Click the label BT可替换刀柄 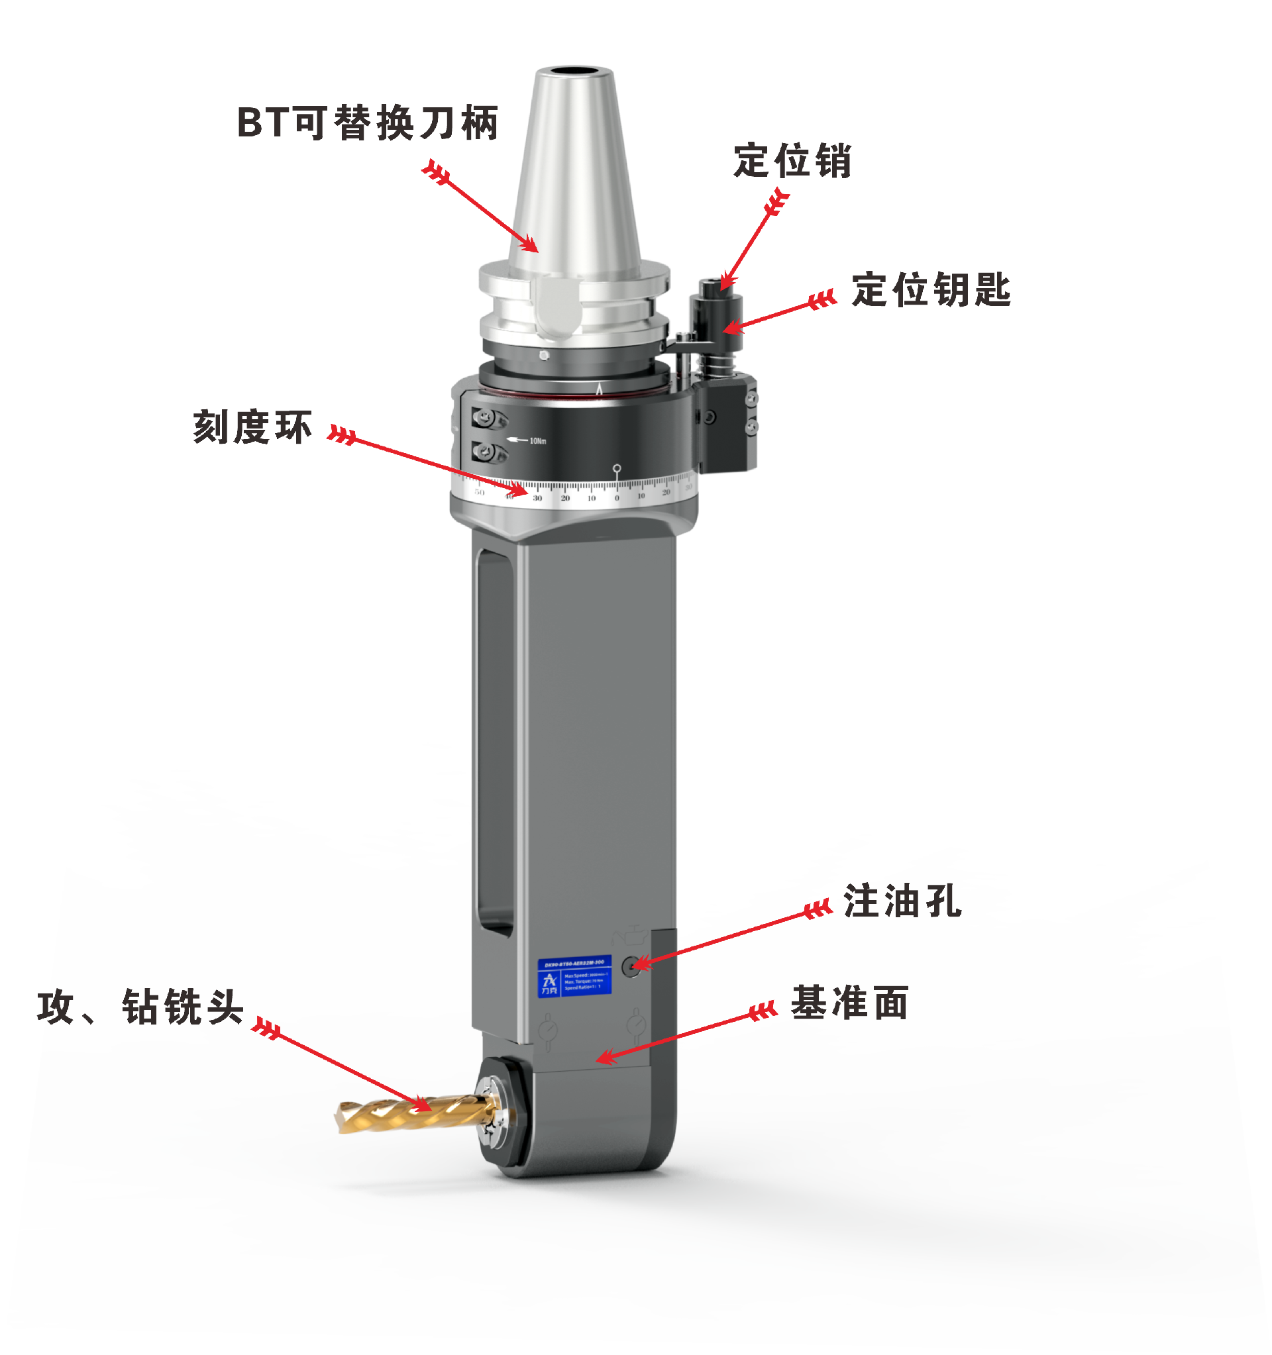pyautogui.click(x=368, y=123)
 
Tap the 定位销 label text pyautogui.click(x=792, y=162)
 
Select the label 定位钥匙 pyautogui.click(x=931, y=289)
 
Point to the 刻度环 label pyautogui.click(x=253, y=427)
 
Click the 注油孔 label pyautogui.click(x=902, y=901)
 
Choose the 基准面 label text pyautogui.click(x=849, y=1003)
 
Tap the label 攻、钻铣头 pyautogui.click(x=140, y=1007)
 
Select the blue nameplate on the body pyautogui.click(x=574, y=977)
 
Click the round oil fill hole pyautogui.click(x=632, y=966)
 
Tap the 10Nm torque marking pyautogui.click(x=538, y=441)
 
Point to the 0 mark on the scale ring pyautogui.click(x=617, y=498)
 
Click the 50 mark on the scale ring pyautogui.click(x=480, y=492)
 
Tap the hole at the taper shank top pyautogui.click(x=574, y=72)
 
